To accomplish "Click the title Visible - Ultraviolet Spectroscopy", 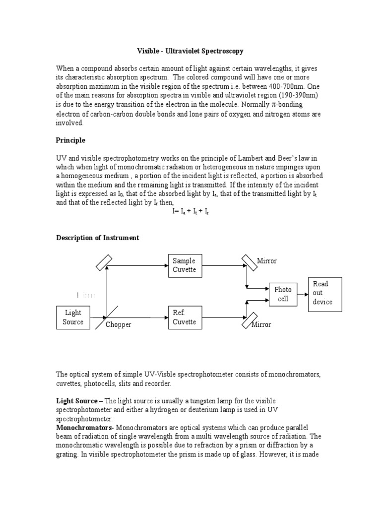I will [190, 51].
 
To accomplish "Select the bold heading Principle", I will [70, 140].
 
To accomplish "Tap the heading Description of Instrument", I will [97, 238].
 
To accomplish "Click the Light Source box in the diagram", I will [73, 317].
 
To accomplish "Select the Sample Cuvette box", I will [185, 265].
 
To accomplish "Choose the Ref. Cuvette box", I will [185, 317].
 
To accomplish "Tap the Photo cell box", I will [283, 294].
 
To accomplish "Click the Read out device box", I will [325, 293].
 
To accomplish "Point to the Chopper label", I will [118, 324].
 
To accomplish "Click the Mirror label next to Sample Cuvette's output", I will [267, 261].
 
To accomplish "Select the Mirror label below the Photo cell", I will [261, 324].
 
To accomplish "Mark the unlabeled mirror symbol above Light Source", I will [104, 262].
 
